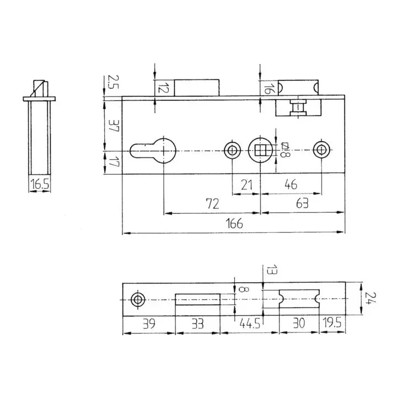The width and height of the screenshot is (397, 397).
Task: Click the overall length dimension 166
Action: click(x=234, y=223)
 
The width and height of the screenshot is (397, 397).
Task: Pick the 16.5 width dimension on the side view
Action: click(x=40, y=184)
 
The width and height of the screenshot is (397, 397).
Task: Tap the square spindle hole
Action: click(x=260, y=150)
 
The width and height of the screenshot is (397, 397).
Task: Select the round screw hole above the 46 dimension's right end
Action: click(x=321, y=150)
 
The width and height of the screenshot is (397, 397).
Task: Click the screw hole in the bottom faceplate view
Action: click(x=137, y=299)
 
